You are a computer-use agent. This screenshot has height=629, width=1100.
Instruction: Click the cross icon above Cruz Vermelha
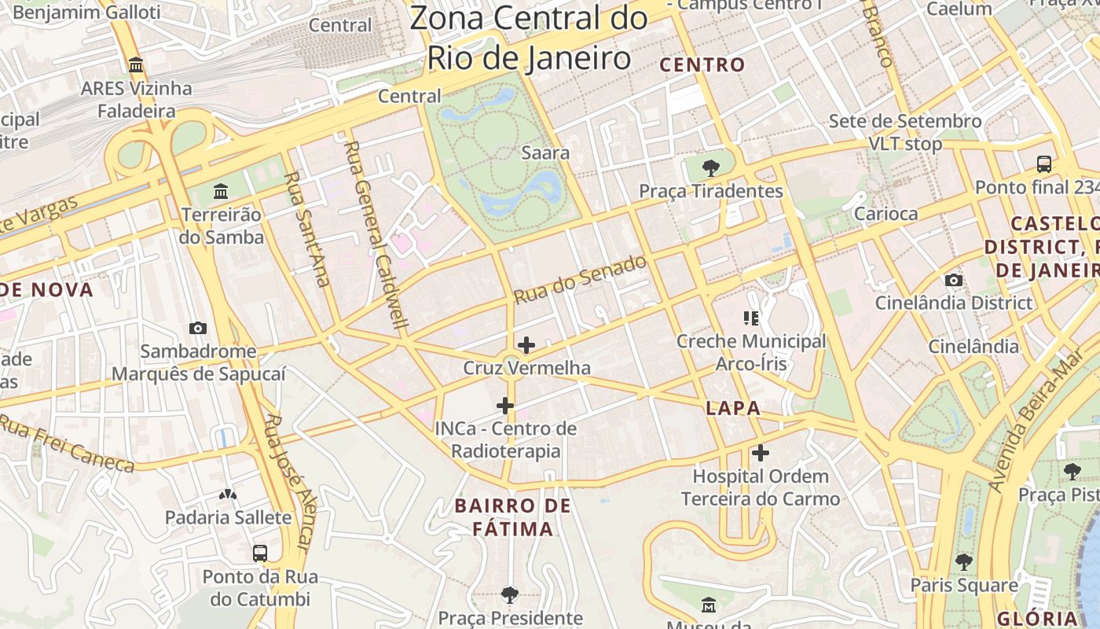[526, 345]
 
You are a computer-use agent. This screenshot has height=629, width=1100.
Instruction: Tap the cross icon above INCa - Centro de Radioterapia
[505, 406]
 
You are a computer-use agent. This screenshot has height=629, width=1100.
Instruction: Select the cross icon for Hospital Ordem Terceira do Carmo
[760, 453]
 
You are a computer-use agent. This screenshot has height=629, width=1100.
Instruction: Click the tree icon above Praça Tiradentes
[710, 167]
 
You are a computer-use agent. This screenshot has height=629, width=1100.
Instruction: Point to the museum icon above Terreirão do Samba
[221, 191]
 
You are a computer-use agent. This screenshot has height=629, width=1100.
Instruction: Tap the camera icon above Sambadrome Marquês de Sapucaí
[198, 328]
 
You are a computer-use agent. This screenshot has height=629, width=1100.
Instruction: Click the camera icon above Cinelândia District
[953, 280]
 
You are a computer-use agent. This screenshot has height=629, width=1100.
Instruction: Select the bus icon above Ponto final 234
[1043, 164]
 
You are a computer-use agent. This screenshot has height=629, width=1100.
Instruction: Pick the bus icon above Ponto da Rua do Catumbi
[260, 553]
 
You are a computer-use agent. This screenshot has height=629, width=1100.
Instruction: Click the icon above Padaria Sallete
[228, 495]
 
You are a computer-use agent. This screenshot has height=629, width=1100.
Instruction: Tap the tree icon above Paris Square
[963, 561]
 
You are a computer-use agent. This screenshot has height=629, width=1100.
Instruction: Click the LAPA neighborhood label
[733, 408]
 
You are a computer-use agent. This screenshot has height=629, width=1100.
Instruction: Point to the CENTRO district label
[702, 65]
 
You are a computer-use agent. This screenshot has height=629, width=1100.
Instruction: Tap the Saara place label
[545, 153]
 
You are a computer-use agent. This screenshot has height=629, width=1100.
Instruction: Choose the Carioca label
[885, 214]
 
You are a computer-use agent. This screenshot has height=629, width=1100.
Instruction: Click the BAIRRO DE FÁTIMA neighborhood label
[513, 517]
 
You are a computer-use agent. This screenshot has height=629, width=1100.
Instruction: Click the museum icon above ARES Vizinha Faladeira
[136, 64]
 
